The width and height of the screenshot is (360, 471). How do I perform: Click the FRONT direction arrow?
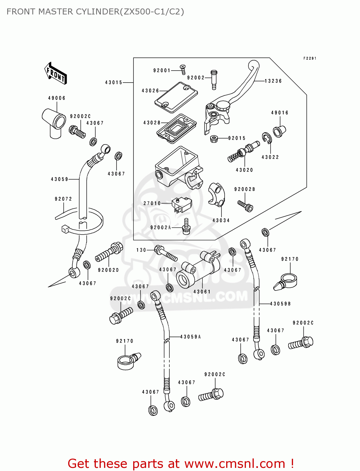pyautogui.click(x=56, y=73)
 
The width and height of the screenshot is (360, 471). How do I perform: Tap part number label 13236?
pyautogui.click(x=273, y=81)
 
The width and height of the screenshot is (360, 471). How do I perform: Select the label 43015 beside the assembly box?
pyautogui.click(x=113, y=83)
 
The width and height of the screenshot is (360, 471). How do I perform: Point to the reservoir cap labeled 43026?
pyautogui.click(x=176, y=97)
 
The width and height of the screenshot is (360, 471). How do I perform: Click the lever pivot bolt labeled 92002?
pyautogui.click(x=214, y=79)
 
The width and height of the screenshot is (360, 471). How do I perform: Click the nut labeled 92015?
pyautogui.click(x=214, y=138)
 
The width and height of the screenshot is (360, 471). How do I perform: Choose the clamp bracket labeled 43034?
pyautogui.click(x=217, y=194)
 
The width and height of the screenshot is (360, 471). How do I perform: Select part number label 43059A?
pyautogui.click(x=190, y=337)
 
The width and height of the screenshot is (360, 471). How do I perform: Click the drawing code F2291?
pyautogui.click(x=310, y=58)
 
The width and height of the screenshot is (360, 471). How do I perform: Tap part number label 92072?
pyautogui.click(x=63, y=199)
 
